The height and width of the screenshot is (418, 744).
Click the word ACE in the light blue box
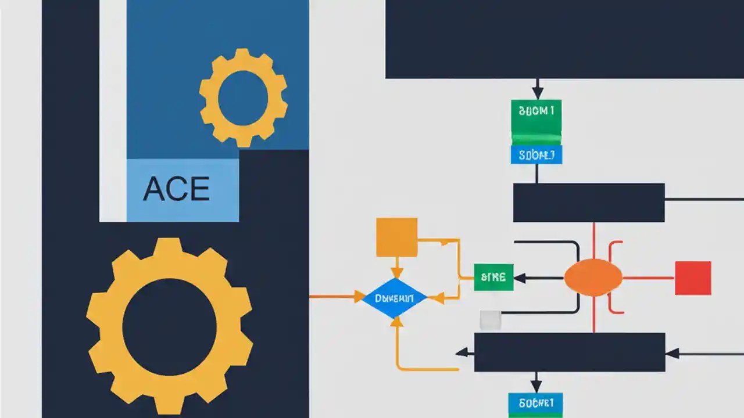[176, 189]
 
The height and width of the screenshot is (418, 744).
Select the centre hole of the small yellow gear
[243, 98]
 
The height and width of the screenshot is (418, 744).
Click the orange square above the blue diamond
[397, 237]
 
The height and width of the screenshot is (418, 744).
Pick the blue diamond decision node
[395, 298]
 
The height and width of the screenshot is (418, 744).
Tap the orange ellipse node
[593, 278]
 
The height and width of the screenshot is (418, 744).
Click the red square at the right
[693, 278]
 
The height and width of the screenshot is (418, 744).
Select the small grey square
[491, 320]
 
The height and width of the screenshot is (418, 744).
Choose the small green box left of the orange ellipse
[493, 278]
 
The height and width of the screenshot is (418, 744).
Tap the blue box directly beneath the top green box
[536, 155]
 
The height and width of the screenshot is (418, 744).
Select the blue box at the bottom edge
[535, 402]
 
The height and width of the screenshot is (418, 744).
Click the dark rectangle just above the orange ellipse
[588, 203]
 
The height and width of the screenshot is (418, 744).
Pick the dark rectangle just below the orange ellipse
[570, 352]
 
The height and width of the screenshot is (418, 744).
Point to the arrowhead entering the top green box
[538, 93]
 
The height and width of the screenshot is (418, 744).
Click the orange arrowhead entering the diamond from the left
[358, 297]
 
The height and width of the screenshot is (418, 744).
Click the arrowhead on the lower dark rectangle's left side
[462, 352]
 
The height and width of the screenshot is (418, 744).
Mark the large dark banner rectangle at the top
[564, 39]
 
